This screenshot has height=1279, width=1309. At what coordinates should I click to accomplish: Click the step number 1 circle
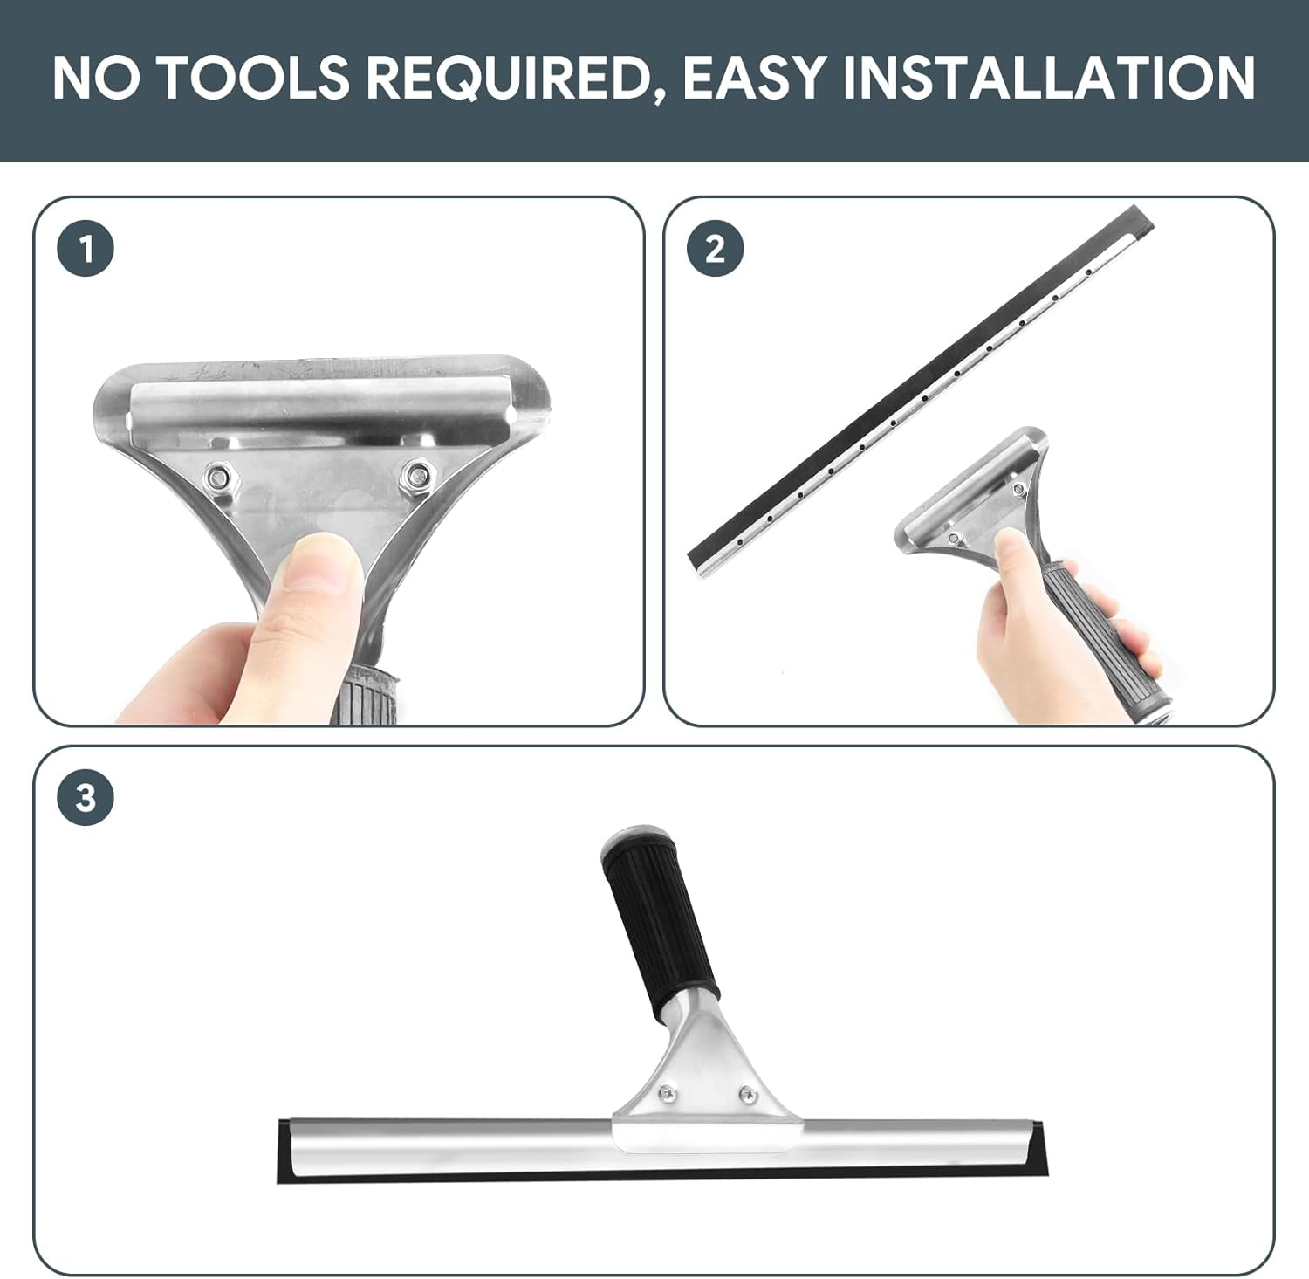click(x=86, y=250)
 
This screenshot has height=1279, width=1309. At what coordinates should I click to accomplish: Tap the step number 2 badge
click(x=715, y=250)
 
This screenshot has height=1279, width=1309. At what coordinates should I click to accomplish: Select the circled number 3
click(x=86, y=798)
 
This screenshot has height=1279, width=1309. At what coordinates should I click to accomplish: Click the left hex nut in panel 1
click(x=216, y=476)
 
